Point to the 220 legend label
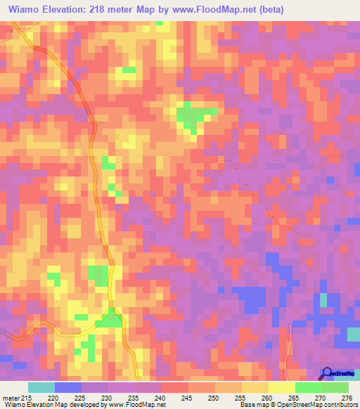click(x=53, y=397)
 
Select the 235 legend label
click(x=134, y=397)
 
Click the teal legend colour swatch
click(x=41, y=387)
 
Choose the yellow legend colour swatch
click(x=282, y=387)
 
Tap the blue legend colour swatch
click(x=68, y=387)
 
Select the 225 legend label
click(x=80, y=397)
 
